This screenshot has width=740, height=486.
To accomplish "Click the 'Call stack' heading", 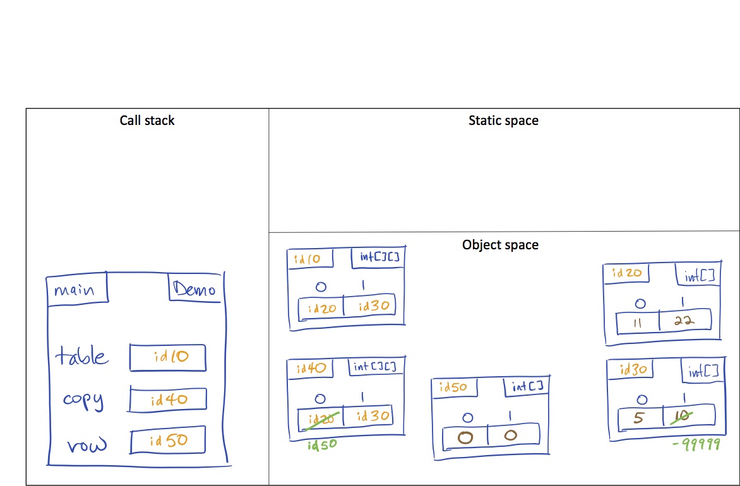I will (x=146, y=120).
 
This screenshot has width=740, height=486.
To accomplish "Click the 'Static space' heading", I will (x=503, y=120).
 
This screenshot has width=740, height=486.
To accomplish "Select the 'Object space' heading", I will (x=500, y=244).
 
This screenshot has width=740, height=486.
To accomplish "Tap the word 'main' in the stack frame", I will (x=74, y=290).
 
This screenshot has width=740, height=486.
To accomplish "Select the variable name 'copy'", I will (x=83, y=400).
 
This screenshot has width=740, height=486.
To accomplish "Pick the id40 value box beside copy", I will (x=168, y=400).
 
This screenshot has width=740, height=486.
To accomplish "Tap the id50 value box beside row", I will (x=168, y=441).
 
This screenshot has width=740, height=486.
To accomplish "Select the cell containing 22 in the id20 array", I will (x=685, y=321).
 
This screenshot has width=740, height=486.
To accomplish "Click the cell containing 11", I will (x=638, y=322).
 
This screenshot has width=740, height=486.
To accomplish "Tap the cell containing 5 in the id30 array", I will (x=640, y=417).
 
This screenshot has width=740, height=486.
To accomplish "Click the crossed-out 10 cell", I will (x=688, y=417).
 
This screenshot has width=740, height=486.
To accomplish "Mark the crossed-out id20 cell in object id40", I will (x=320, y=417).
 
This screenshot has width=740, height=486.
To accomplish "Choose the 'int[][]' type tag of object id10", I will (x=378, y=258).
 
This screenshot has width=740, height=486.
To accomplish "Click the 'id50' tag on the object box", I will (x=453, y=388).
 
